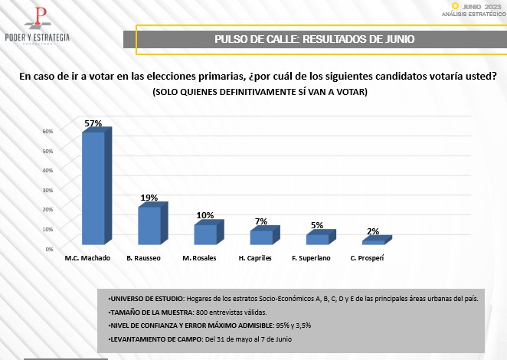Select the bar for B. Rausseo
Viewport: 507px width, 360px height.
click(x=149, y=225)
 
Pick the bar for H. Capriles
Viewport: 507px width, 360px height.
click(x=261, y=237)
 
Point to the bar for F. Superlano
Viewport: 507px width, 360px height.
click(x=317, y=239)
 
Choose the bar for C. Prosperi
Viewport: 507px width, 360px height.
click(x=373, y=242)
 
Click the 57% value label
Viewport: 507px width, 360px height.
click(x=93, y=123)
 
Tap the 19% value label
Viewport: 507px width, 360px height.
click(x=149, y=198)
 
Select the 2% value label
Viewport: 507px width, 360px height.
click(x=373, y=231)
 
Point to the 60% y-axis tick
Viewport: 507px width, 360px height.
click(x=47, y=131)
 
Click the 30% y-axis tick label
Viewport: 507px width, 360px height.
click(x=47, y=190)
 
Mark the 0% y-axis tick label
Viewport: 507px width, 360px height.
click(x=49, y=249)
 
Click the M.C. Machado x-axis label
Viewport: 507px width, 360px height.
click(x=87, y=258)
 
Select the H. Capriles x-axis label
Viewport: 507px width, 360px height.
click(x=255, y=258)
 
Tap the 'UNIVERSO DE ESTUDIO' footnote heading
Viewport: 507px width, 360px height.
click(x=146, y=298)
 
